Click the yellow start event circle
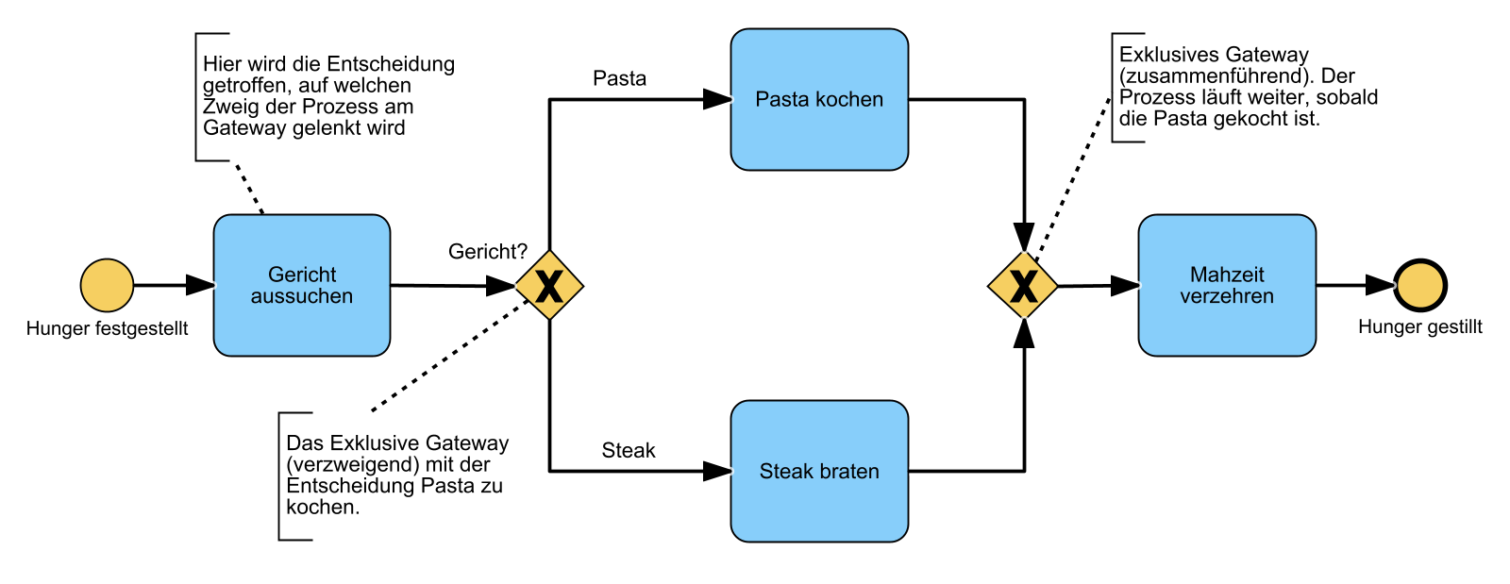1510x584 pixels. tap(107, 285)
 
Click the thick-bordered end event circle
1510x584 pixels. tap(1420, 285)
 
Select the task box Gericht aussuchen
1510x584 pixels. tap(302, 285)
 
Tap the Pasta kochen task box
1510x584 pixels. tap(819, 99)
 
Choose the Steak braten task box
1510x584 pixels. tap(819, 471)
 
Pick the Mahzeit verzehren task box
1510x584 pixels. tap(1227, 285)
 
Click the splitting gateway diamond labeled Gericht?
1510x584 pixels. tap(549, 285)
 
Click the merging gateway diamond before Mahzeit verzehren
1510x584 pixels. tap(1023, 285)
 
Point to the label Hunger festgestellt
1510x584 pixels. tap(107, 328)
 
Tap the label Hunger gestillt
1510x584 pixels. tap(1419, 326)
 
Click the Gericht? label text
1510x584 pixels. tap(487, 252)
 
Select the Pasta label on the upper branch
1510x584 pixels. tap(619, 78)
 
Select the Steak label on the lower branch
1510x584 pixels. tap(629, 450)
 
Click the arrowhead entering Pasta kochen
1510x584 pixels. tap(718, 99)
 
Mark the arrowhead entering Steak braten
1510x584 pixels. tap(718, 471)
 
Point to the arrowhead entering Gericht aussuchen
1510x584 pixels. tap(200, 285)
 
